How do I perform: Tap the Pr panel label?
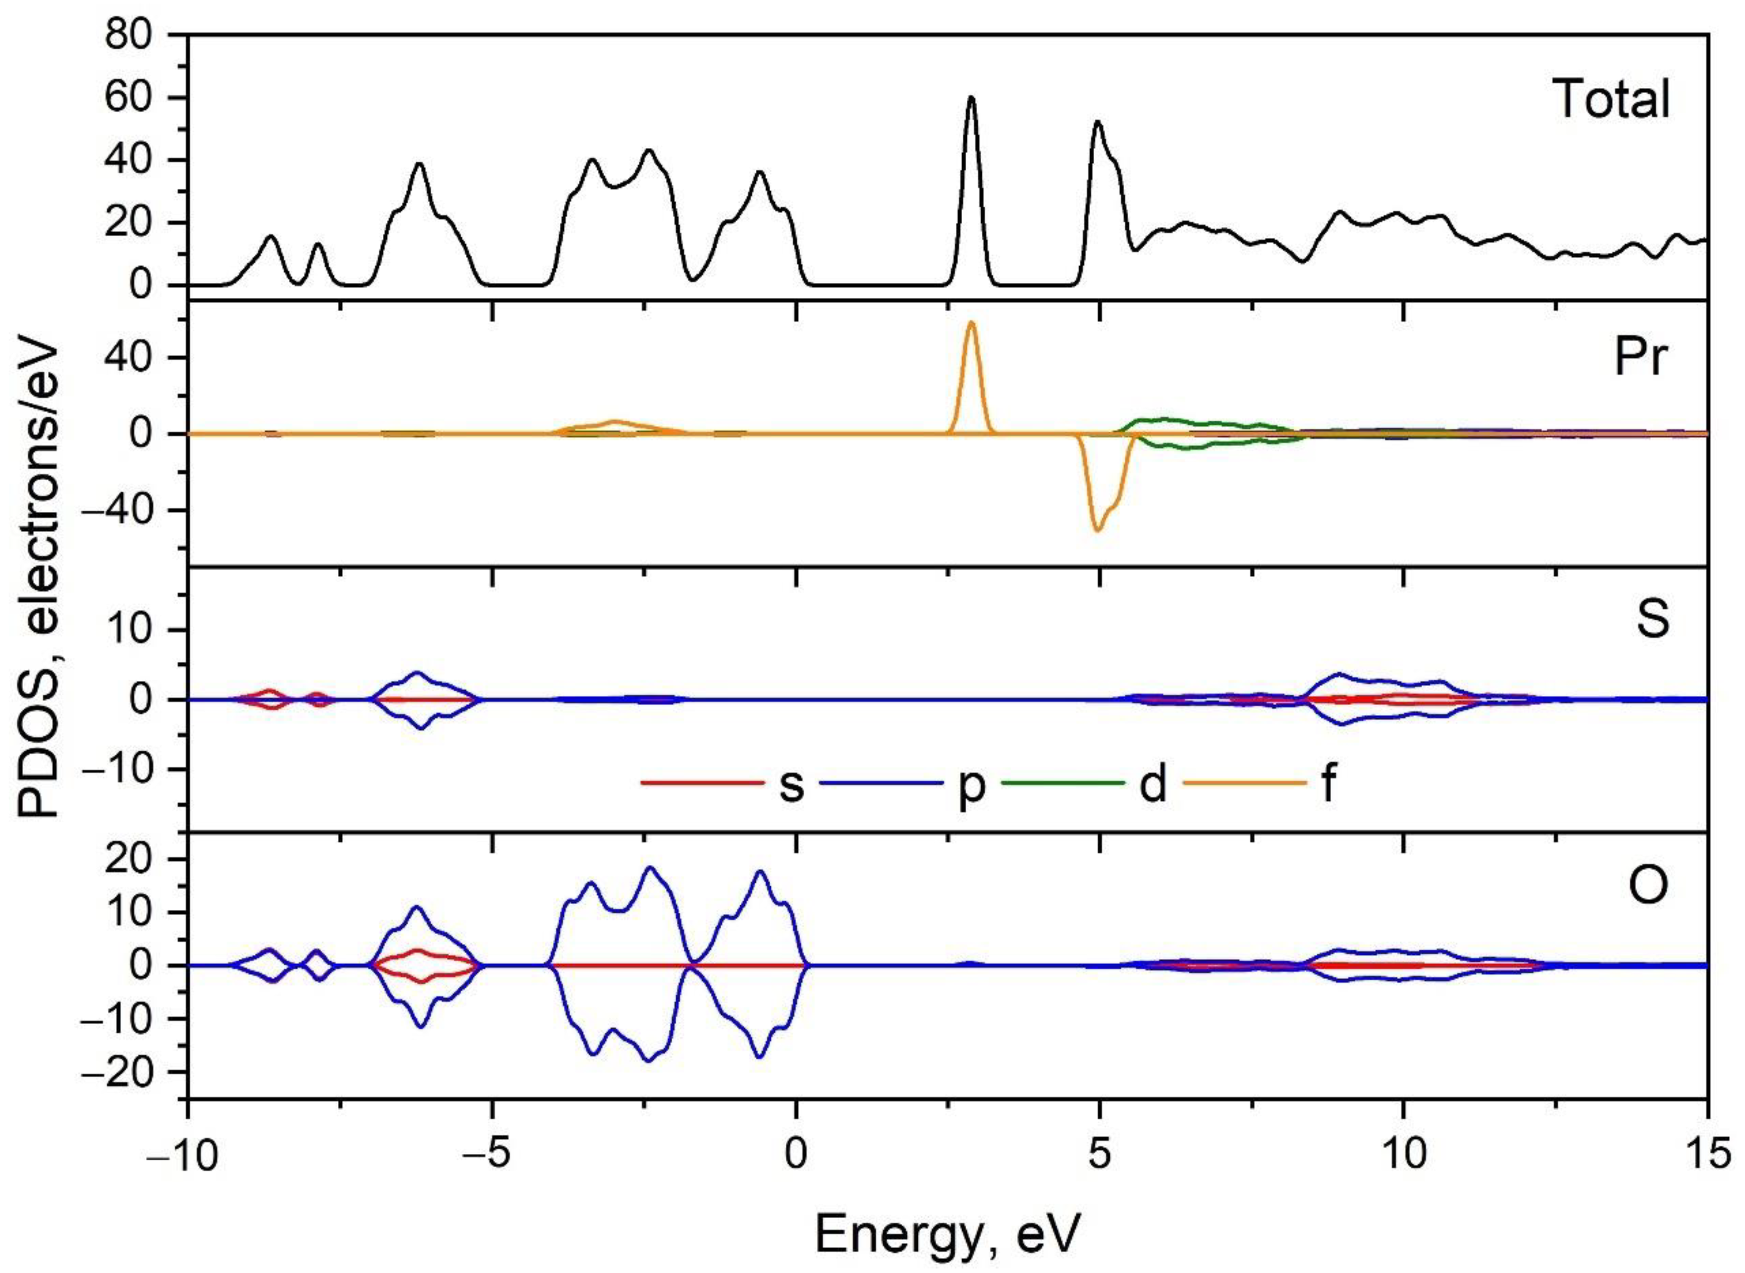(x=1641, y=360)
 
